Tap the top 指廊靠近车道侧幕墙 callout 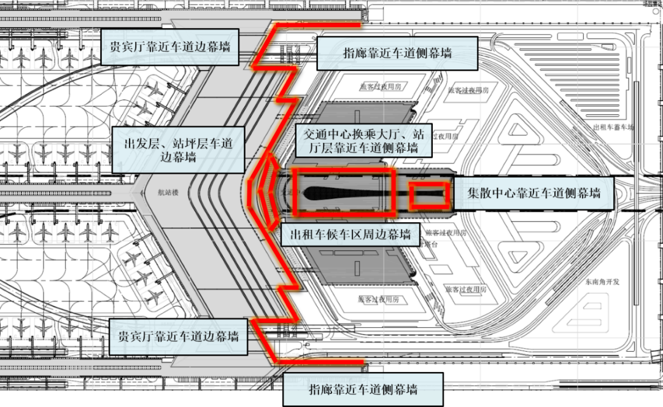tap(397, 53)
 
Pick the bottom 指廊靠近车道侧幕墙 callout tap(363, 389)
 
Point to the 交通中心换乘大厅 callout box tap(359, 140)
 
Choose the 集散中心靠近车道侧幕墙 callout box tap(533, 192)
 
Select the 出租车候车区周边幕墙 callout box tap(346, 234)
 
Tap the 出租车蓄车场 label tap(613, 128)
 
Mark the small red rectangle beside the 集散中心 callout tap(428, 195)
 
